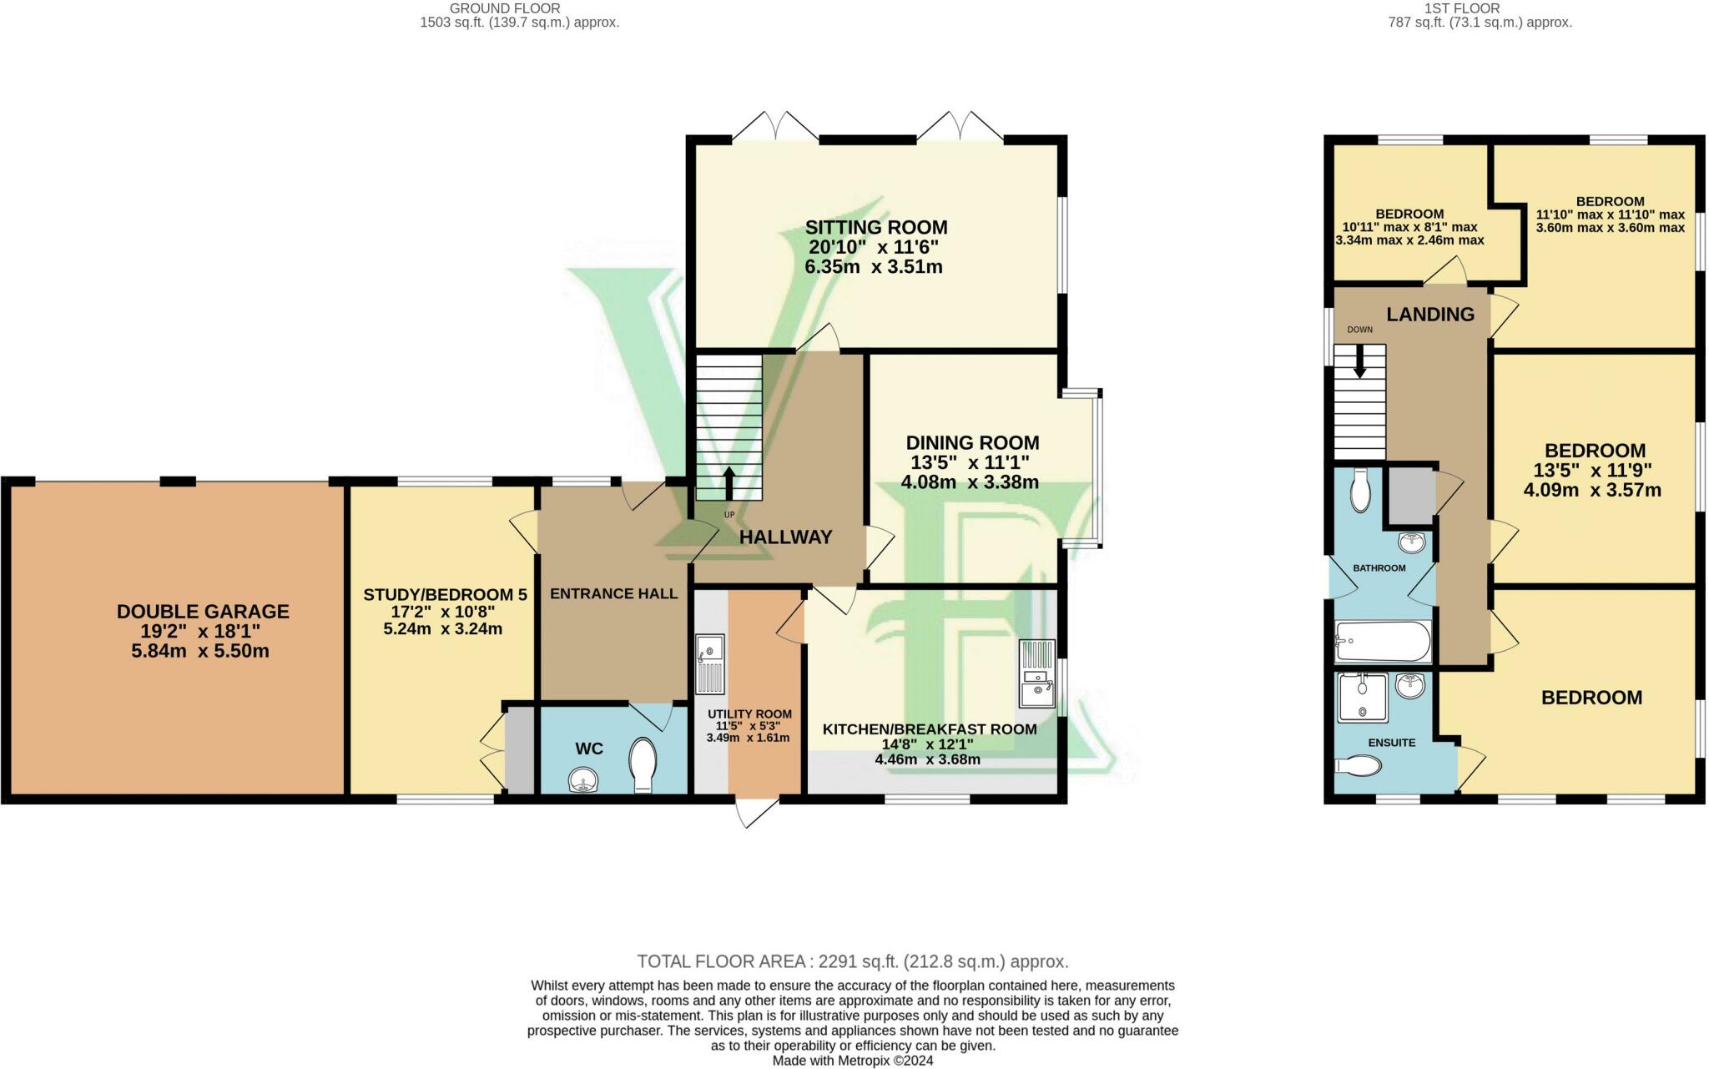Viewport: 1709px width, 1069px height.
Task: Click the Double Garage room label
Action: click(x=203, y=612)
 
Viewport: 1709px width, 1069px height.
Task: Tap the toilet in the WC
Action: click(x=643, y=764)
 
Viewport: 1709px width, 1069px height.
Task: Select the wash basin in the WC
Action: click(x=584, y=781)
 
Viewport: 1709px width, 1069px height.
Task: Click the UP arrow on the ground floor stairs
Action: click(x=728, y=483)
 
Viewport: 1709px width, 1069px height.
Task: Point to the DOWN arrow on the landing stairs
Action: click(x=1359, y=361)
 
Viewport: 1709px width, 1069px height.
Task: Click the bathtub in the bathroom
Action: click(x=1383, y=642)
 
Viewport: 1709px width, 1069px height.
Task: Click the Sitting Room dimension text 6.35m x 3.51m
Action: click(x=874, y=267)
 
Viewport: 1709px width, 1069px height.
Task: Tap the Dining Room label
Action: click(x=973, y=442)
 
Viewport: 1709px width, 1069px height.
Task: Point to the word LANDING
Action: click(x=1430, y=315)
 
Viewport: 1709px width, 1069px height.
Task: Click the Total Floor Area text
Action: click(x=853, y=961)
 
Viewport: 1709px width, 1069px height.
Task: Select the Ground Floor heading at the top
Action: click(x=505, y=8)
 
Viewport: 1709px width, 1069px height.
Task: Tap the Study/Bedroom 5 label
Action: click(x=445, y=595)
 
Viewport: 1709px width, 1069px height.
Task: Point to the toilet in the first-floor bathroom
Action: click(x=1360, y=490)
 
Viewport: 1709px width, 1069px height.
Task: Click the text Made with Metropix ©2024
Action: click(x=853, y=1061)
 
